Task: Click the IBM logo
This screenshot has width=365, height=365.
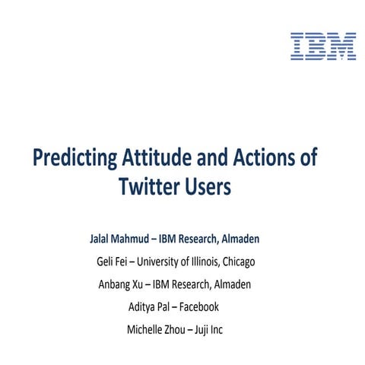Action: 323,46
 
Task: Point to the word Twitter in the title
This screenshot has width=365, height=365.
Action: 149,187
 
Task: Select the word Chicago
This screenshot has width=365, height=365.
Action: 236,262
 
